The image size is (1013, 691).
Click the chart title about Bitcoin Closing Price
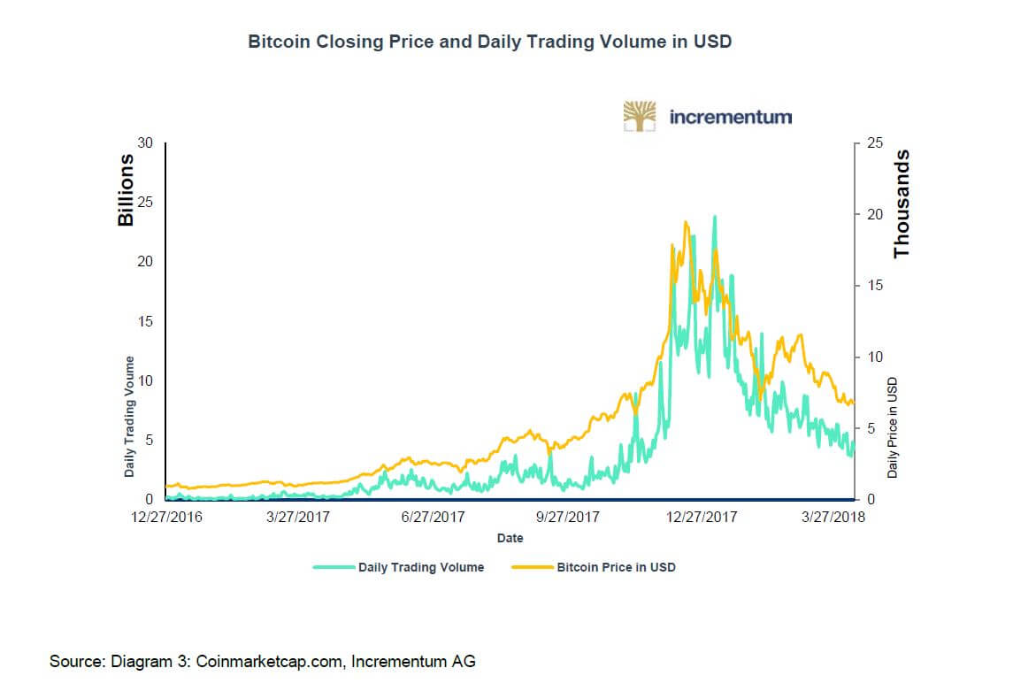coord(489,41)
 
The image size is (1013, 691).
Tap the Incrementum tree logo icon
coord(640,116)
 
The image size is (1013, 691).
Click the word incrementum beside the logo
coord(731,117)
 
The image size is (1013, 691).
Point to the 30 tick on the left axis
coord(146,143)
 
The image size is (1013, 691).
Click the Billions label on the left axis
coord(127,189)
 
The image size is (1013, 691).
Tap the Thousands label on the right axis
coord(902,204)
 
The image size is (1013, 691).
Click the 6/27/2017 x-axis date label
coord(434,517)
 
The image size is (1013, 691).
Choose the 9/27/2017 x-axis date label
coord(569,517)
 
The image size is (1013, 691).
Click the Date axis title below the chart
coord(510,538)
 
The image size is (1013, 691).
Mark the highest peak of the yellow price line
coord(686,222)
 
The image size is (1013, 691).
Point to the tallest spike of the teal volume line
coord(714,216)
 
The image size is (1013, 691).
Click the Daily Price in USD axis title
coord(894,428)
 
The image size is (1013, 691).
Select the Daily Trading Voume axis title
coord(130,417)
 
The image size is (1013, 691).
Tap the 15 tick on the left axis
coord(146,321)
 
